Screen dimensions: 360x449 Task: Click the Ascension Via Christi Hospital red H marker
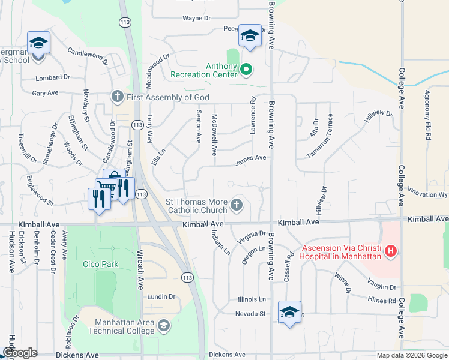(391, 250)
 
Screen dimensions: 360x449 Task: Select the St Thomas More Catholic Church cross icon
(237, 206)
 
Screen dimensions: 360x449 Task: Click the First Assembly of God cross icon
(117, 97)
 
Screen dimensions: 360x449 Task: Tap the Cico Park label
(101, 264)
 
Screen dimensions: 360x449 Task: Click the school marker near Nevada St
(289, 312)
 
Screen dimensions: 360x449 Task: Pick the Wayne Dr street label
(197, 18)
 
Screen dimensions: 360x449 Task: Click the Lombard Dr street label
(53, 77)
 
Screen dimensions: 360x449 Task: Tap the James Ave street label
(251, 158)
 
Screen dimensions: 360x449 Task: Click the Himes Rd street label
(383, 301)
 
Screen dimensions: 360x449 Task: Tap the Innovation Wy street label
(428, 194)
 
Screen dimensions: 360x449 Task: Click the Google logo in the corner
(20, 353)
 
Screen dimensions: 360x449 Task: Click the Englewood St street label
(47, 188)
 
